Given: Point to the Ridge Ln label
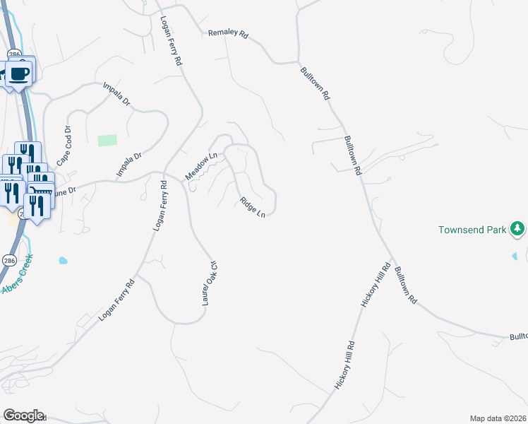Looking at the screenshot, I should (252, 207).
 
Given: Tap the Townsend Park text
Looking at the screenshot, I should (472, 230).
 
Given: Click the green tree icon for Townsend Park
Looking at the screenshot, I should (518, 228).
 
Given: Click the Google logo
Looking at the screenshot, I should (23, 416).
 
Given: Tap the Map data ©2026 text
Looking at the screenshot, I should (498, 418).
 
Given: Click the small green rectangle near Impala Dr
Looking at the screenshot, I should (107, 140).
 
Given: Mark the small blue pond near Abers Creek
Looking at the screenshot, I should (63, 260).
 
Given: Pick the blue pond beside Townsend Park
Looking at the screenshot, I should (515, 255).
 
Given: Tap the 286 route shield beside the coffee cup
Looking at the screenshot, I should (14, 54).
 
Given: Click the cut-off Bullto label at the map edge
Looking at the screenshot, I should (518, 338).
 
